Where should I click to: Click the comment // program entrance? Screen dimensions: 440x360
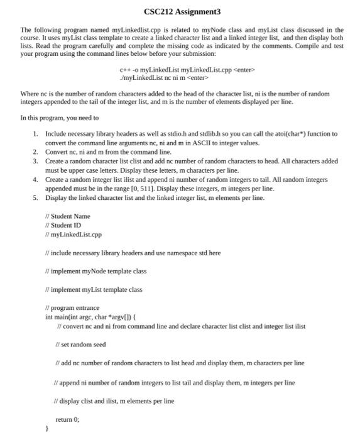(x=72, y=309)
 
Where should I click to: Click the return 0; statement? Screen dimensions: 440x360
(x=69, y=419)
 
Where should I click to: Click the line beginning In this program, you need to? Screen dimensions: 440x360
(x=60, y=118)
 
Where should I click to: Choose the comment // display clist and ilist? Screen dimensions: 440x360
(x=116, y=400)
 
